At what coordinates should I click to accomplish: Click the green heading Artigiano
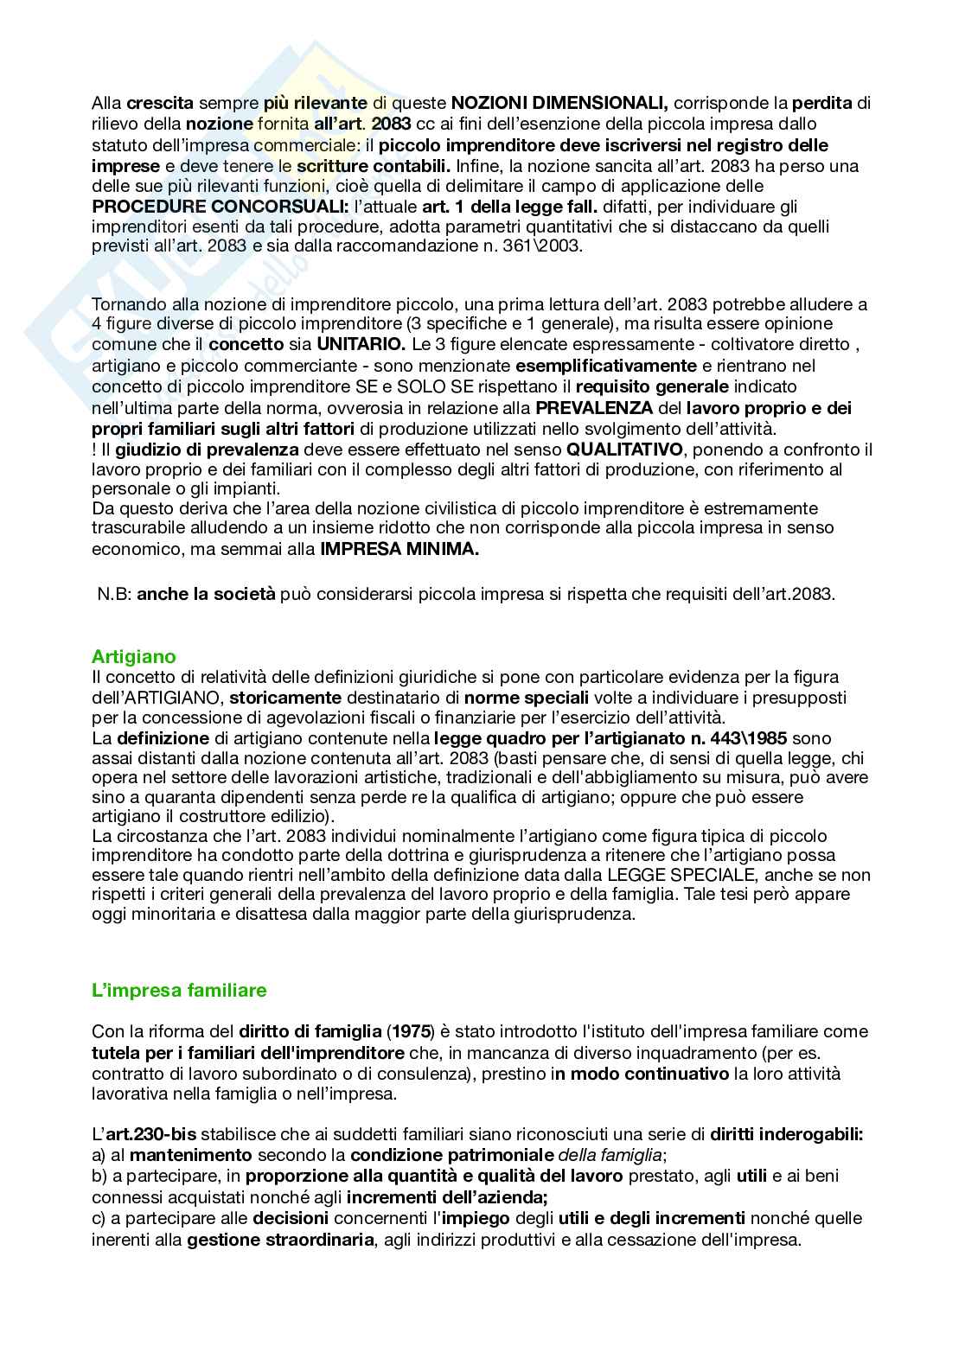point(133,657)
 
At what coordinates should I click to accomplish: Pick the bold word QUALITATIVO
point(624,450)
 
